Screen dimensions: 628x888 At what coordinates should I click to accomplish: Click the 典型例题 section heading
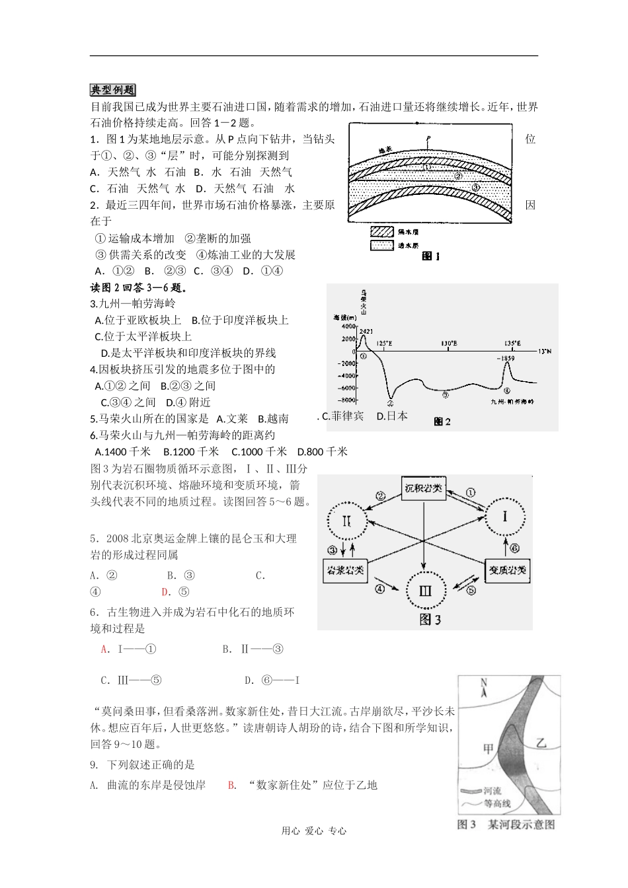(112, 91)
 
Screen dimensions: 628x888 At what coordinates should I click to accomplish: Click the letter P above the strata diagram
(428, 139)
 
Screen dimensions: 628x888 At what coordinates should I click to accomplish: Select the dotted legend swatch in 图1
(382, 245)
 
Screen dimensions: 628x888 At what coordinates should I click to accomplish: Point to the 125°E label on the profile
(384, 344)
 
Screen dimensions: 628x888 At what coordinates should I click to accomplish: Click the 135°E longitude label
(512, 344)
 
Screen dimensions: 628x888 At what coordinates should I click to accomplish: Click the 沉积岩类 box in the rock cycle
(423, 490)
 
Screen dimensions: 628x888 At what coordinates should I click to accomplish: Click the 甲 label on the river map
(489, 749)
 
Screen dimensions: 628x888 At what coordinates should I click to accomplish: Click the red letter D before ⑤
(165, 592)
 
